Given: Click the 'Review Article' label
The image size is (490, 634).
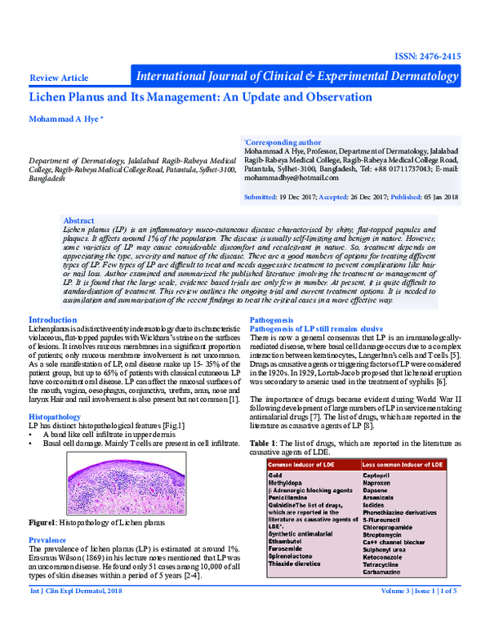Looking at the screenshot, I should (x=58, y=78).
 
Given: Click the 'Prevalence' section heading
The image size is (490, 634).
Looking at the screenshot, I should (x=51, y=541).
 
